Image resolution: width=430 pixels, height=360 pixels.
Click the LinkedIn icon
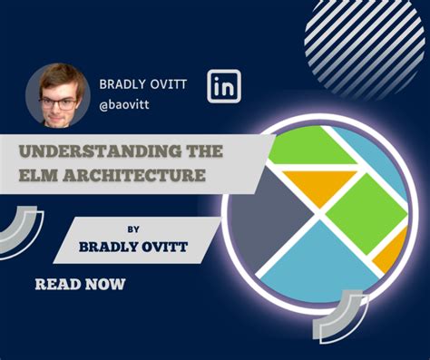[224, 86]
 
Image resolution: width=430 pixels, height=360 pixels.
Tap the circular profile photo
[58, 94]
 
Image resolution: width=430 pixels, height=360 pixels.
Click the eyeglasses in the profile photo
[59, 103]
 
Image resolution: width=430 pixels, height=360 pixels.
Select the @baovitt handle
[124, 105]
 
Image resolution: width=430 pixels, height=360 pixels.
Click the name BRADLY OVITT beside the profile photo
[143, 84]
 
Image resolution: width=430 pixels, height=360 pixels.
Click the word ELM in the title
[38, 175]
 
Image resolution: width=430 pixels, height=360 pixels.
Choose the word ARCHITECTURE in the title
[134, 175]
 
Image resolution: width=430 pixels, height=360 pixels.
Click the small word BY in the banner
[133, 229]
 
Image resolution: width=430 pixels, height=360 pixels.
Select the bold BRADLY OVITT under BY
[133, 247]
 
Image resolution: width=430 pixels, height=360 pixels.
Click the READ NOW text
[80, 284]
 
